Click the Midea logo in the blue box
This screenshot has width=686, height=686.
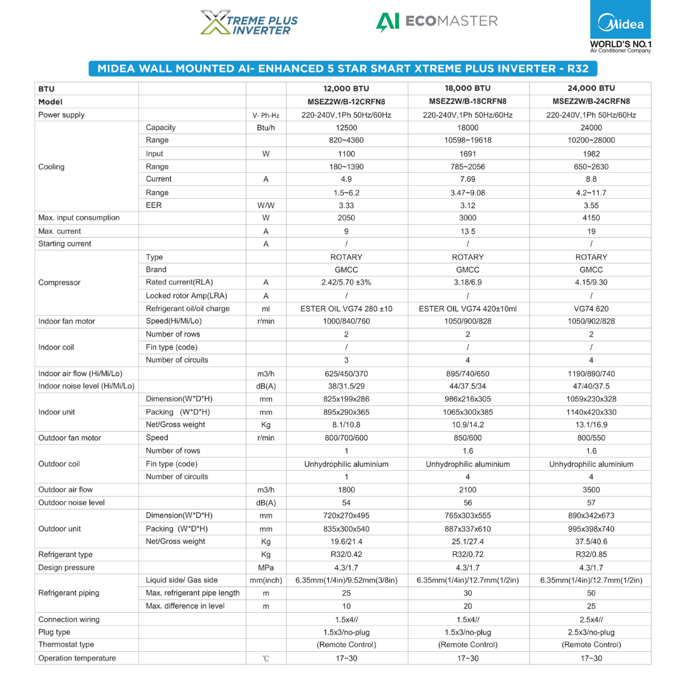(621, 25)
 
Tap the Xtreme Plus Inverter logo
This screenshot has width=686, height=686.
(249, 22)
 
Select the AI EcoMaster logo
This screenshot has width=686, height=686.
(437, 21)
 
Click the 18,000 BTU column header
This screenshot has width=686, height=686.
(467, 88)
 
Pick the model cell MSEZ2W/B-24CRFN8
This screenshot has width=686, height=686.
(591, 102)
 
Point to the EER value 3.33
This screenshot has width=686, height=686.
(346, 205)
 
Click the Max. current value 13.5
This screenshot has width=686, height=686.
(467, 231)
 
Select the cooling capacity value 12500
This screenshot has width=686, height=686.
(346, 128)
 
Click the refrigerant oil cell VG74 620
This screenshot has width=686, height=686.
(591, 309)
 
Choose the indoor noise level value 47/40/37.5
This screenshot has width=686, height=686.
(591, 386)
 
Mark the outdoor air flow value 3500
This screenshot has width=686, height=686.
(591, 490)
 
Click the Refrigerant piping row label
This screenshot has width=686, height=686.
(69, 593)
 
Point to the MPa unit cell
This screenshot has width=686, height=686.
(266, 567)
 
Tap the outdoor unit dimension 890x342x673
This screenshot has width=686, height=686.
(591, 516)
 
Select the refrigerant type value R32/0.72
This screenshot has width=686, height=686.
(467, 555)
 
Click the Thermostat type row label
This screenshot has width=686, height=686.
(66, 645)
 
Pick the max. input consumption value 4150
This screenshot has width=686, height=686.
(591, 218)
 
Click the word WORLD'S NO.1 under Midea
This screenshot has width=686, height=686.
(621, 44)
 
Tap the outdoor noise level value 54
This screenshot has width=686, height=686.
(346, 502)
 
